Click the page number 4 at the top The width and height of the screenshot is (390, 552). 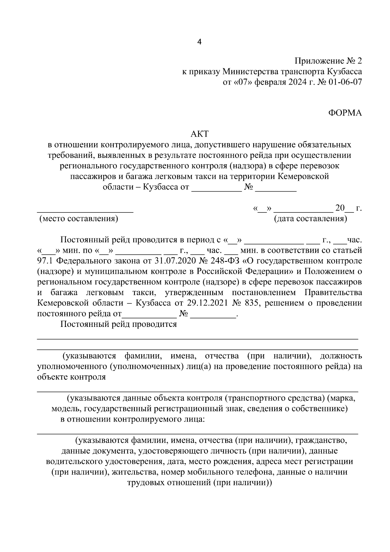click(199, 42)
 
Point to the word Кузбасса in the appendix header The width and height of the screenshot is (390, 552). click(344, 71)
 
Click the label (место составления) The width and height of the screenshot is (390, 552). click(78, 219)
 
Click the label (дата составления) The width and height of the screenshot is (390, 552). click(310, 219)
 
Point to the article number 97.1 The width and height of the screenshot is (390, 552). click(45, 261)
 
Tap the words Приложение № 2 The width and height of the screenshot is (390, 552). click(328, 61)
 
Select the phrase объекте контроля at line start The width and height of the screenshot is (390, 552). click(71, 377)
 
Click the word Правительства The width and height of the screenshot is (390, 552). click(333, 292)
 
